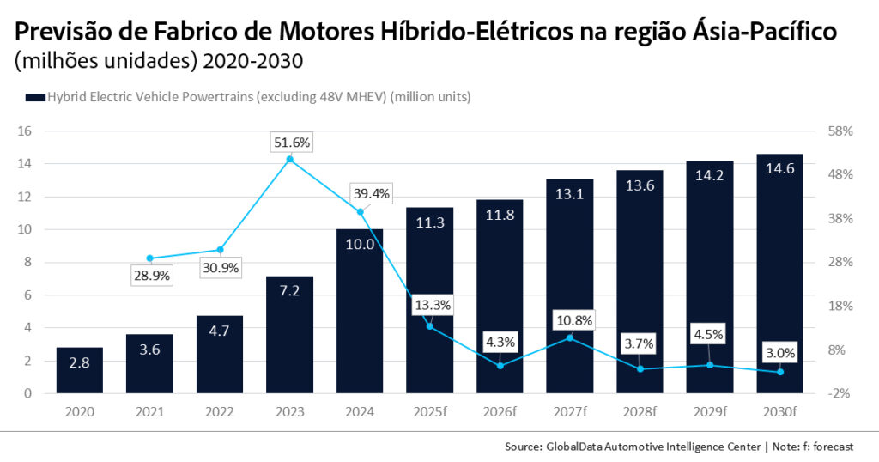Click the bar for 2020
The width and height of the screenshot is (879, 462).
pos(80,370)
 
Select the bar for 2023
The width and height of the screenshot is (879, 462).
pos(290,335)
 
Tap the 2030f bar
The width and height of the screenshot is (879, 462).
pos(779,274)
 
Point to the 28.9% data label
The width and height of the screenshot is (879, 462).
pos(149,276)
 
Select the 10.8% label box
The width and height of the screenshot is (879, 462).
pos(570,320)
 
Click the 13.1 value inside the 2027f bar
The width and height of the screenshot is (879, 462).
pos(570,195)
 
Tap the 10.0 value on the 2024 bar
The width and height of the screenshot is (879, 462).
pos(361,245)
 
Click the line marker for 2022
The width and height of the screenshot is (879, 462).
pos(221,250)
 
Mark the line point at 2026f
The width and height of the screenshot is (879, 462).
pos(500,366)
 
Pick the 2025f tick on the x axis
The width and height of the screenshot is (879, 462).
pos(430,412)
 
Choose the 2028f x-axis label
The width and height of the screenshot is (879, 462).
pos(640,412)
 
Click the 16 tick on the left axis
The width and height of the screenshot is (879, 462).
pos(25,131)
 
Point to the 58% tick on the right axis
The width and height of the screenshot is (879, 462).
pos(840,131)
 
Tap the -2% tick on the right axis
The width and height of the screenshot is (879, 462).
pos(840,393)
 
